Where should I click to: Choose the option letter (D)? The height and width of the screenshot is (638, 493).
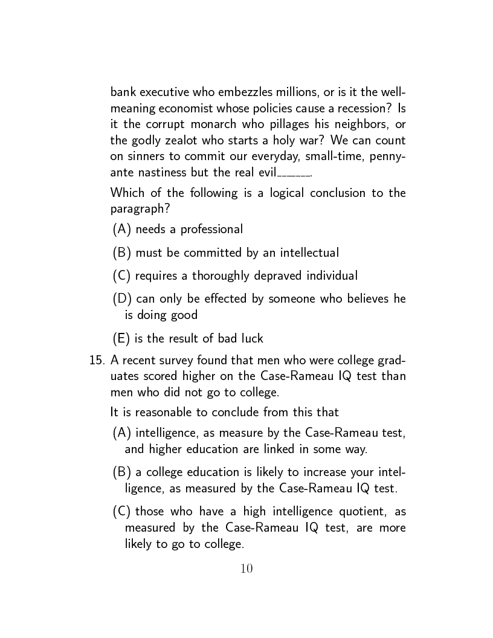pos(122,298)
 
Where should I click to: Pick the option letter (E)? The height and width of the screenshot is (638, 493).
pos(121,338)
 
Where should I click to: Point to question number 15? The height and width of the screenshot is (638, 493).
pos(97,360)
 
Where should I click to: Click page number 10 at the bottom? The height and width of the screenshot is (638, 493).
pos(246,568)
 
